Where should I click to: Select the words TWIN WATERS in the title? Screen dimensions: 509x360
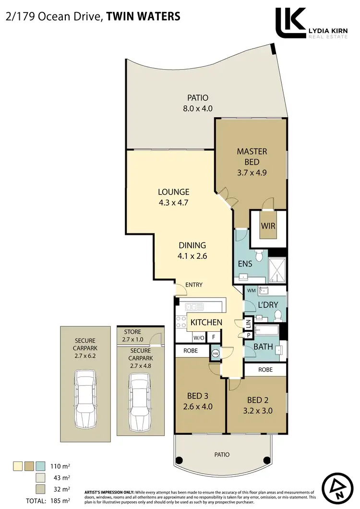point(143,17)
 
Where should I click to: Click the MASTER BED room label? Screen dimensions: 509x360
point(252,157)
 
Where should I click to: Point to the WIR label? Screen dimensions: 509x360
point(268,225)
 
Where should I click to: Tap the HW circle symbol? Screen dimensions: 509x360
point(216,353)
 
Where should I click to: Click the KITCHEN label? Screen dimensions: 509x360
point(206,322)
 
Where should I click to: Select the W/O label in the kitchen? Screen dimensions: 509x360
point(199,337)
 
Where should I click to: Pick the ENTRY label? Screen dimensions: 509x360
point(193,285)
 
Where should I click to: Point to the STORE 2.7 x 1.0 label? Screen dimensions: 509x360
point(132,335)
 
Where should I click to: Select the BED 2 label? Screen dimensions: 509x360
point(255,400)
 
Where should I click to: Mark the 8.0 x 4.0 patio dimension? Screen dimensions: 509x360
point(197,109)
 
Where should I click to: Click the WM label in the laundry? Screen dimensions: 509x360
point(251,291)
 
